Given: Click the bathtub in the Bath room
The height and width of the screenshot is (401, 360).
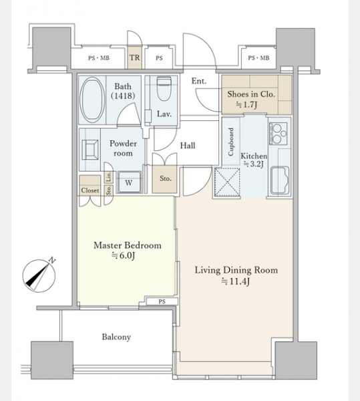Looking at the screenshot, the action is pos(92,100).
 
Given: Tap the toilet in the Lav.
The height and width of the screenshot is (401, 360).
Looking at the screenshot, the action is pos(164,88).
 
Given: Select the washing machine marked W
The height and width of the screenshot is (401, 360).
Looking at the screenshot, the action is pos(129,182).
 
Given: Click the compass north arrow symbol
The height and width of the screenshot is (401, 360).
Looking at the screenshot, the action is pos(39,275).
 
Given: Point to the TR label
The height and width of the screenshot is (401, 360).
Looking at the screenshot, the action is pos(134,57).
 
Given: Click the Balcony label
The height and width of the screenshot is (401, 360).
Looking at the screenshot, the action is pos(116,337).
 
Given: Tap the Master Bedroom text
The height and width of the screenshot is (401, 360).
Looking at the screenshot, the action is pos(128,245).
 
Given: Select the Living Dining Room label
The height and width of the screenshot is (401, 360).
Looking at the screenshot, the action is pos(236,270).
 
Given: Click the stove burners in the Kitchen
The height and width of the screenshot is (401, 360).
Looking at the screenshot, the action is pos(278,133).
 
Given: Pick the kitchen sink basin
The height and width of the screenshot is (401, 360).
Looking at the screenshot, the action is pos(280,180).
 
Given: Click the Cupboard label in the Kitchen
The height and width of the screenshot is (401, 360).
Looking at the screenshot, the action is pos(231,142).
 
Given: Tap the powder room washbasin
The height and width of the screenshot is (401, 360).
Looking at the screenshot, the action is pos(89,150).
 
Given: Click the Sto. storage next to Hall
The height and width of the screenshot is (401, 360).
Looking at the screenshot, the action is pos(165,179).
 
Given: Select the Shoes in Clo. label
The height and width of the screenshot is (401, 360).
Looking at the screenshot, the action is pos(251,94).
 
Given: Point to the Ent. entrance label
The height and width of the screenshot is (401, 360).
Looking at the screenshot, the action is pos(199,81).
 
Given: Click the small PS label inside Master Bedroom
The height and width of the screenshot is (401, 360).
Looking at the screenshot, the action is pos(162,301).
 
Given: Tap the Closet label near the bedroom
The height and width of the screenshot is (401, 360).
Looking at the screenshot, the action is pos(90,190).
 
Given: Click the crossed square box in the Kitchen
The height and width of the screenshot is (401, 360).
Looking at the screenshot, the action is pos(227,182).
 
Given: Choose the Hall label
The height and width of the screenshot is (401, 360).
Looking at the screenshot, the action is pos(188,146).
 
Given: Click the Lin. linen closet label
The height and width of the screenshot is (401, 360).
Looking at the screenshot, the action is pos(109,177).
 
